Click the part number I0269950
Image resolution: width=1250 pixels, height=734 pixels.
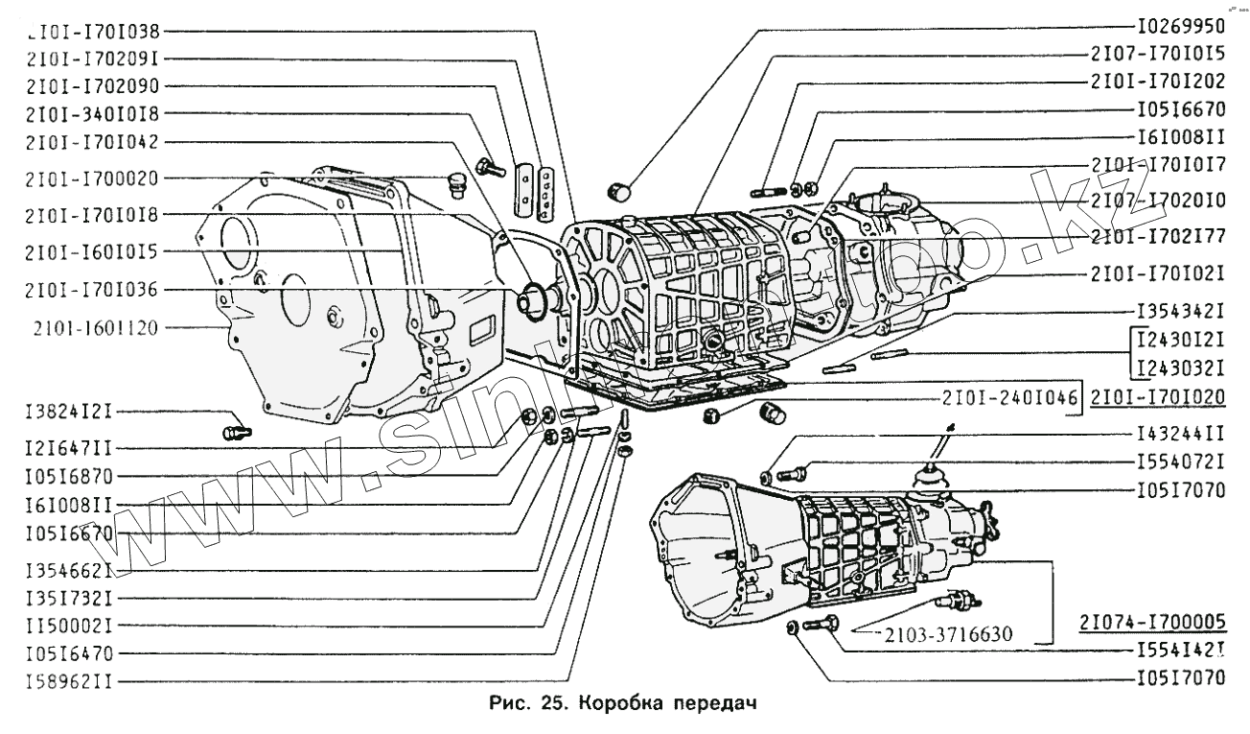[1181, 27]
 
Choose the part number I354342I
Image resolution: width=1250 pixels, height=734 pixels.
[1181, 313]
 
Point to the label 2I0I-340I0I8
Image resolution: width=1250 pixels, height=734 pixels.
[87, 113]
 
